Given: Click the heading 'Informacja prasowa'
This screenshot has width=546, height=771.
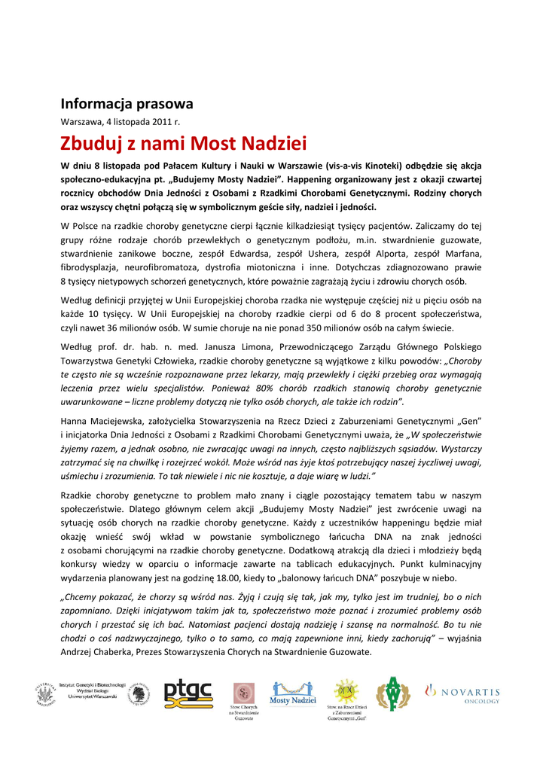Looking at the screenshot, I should (127, 104).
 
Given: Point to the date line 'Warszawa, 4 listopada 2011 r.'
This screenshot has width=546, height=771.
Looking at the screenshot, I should (120, 120).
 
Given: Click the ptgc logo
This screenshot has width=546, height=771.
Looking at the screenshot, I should (188, 693).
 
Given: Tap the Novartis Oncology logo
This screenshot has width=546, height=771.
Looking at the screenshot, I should (462, 693).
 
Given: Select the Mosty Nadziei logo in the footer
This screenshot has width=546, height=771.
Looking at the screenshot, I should (293, 693).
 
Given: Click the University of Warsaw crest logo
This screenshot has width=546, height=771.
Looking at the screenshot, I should (45, 693).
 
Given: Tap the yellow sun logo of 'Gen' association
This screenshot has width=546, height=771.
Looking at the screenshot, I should (346, 690).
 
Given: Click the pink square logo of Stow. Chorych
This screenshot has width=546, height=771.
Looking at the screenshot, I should (243, 693).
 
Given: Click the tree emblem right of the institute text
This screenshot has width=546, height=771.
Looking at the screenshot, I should (138, 693).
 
